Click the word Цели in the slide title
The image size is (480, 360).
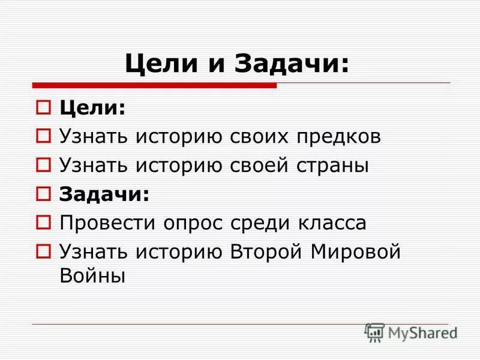(x=157, y=64)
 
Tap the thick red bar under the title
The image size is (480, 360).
(x=154, y=86)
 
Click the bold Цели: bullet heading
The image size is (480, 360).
(x=92, y=108)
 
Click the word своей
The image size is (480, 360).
(x=259, y=166)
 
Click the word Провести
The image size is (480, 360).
(x=107, y=223)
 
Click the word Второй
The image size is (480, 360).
(x=266, y=251)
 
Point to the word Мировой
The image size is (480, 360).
(x=355, y=251)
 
